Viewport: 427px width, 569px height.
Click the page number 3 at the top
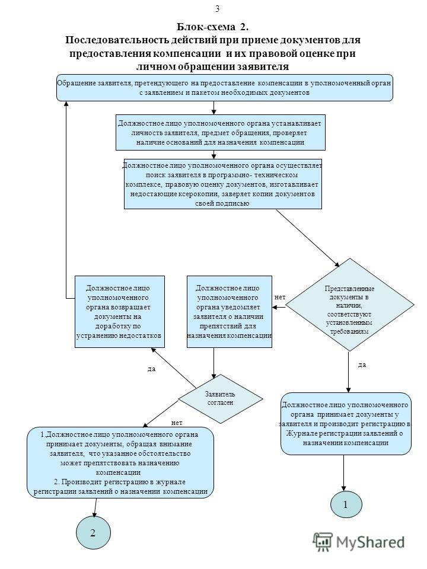(x=217, y=9)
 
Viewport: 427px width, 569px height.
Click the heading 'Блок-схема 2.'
(x=213, y=27)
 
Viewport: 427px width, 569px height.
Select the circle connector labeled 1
(x=346, y=504)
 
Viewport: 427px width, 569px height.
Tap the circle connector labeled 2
(x=93, y=533)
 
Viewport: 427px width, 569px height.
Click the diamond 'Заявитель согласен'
(x=221, y=398)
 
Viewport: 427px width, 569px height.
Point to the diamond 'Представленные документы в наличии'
(x=350, y=305)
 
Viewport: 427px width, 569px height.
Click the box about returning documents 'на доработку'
(x=119, y=312)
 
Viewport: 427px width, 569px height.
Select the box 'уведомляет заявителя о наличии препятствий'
(x=229, y=312)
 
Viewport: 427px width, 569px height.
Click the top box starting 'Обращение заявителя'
(x=224, y=88)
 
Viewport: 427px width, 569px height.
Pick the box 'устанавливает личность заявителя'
(x=221, y=132)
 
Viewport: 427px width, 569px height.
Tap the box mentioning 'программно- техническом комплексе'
(x=222, y=184)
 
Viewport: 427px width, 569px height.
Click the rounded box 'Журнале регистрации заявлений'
(x=346, y=423)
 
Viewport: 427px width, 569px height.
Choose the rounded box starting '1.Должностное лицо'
(x=120, y=463)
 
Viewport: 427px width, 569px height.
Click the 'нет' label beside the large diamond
(x=280, y=297)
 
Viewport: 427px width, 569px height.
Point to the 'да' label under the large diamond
(x=362, y=365)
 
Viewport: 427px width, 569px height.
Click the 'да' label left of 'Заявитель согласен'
(x=151, y=369)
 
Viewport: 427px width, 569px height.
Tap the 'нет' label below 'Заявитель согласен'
(x=177, y=423)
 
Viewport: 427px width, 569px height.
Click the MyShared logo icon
(x=323, y=542)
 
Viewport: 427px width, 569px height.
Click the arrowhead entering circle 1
(x=343, y=488)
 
